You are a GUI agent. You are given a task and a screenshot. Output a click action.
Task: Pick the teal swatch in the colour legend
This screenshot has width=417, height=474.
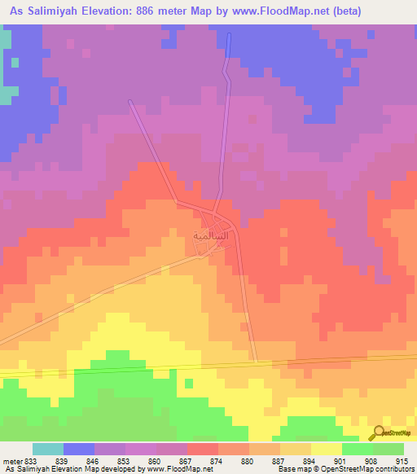point(47,449)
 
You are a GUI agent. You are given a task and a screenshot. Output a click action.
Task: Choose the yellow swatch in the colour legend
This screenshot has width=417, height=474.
point(326,449)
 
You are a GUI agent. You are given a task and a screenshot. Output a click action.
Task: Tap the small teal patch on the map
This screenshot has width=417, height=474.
point(6,94)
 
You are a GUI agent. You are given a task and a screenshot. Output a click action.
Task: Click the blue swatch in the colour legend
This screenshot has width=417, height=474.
point(78,449)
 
